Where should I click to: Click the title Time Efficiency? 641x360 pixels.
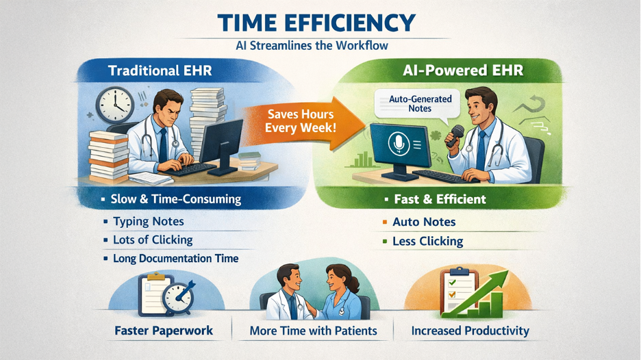tap(316, 23)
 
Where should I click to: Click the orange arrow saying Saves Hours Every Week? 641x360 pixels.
tap(299, 122)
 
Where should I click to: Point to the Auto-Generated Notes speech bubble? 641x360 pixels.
tap(420, 103)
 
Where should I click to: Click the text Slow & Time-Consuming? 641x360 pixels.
tap(175, 199)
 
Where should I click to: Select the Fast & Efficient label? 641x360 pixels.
tap(440, 199)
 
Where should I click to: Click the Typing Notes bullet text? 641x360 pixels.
tap(148, 222)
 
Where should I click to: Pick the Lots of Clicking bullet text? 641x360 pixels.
tap(153, 240)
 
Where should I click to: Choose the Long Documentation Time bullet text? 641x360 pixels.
tap(175, 259)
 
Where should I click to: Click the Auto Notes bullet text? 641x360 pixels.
tap(424, 222)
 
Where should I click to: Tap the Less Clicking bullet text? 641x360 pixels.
tap(427, 241)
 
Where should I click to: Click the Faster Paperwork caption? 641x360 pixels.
tap(164, 331)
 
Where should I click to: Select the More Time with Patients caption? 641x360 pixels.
tap(313, 331)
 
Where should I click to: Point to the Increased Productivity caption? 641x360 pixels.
tap(470, 331)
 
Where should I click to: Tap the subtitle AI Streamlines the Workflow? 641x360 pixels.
tap(312, 46)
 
